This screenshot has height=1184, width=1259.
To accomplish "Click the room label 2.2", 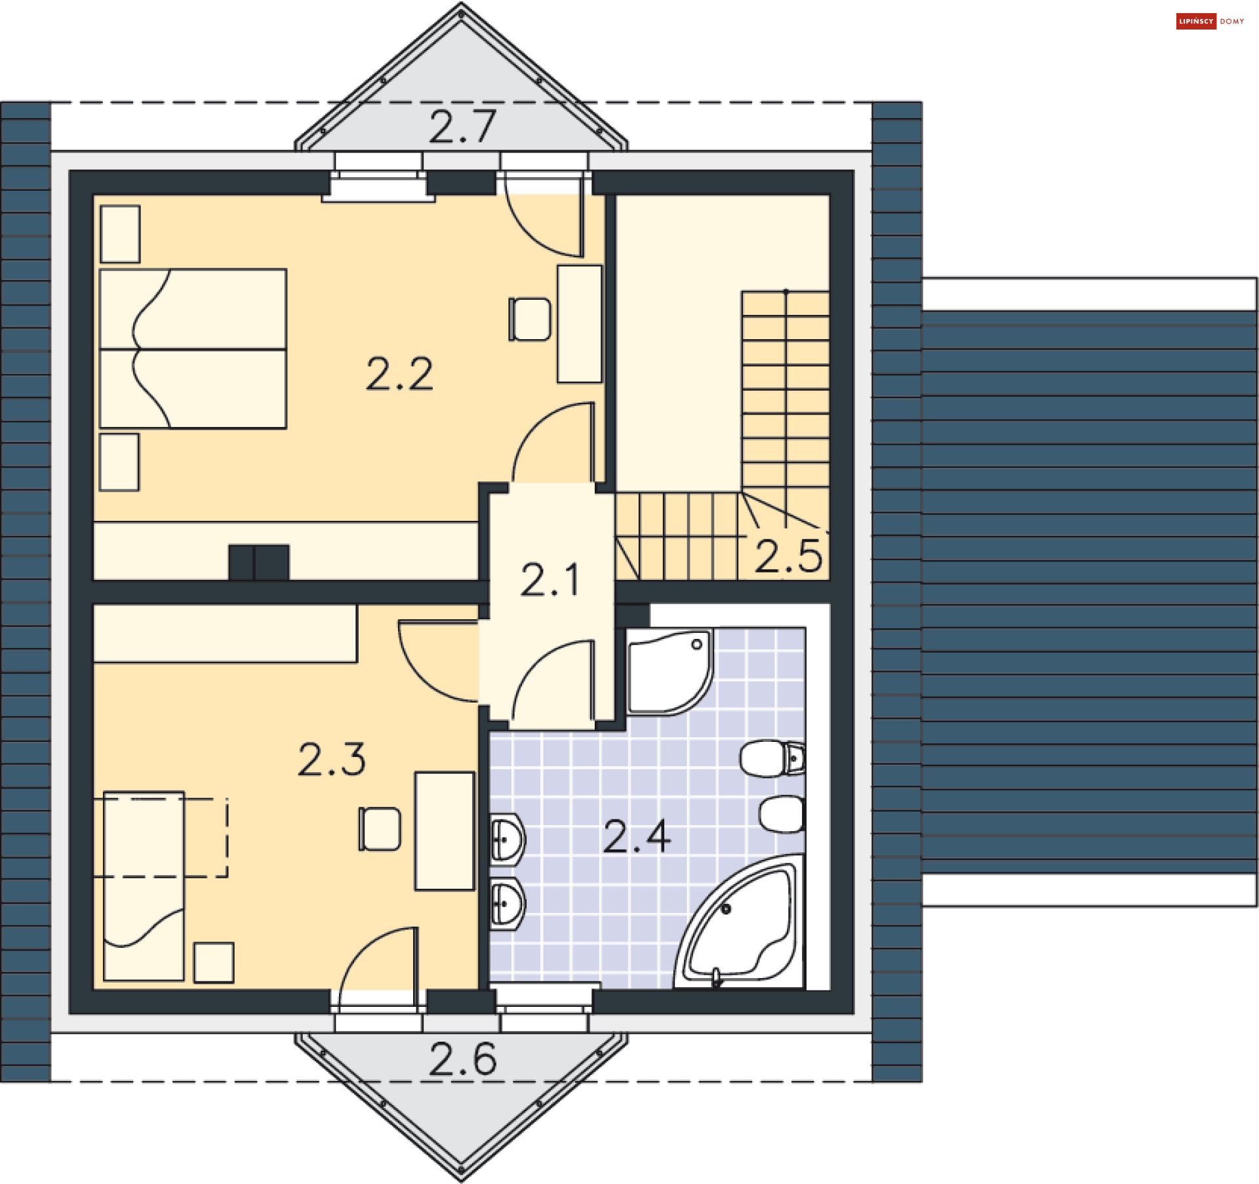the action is (x=399, y=375).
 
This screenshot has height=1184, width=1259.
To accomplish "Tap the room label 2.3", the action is (x=332, y=759).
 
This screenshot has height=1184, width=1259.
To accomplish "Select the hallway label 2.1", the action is (x=550, y=580).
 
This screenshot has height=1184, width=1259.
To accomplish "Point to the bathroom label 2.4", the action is (x=637, y=836).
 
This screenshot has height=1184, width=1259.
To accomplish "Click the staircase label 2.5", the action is (x=788, y=556).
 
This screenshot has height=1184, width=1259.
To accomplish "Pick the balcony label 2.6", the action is (x=463, y=1059).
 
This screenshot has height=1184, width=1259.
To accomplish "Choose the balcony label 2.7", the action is (x=463, y=126).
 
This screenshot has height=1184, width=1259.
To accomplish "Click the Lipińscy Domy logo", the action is (x=1210, y=22).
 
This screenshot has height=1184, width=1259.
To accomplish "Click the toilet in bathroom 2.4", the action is (x=772, y=758).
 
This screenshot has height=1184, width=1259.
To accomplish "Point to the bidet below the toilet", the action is (x=782, y=814).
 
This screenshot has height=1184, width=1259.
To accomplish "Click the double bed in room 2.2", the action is (x=193, y=348).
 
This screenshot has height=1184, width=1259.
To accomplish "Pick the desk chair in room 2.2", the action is (x=530, y=319).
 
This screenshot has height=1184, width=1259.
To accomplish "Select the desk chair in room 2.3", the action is (x=380, y=829).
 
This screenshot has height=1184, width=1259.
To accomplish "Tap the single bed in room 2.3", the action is (x=144, y=886).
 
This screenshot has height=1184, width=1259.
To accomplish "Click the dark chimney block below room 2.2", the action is (x=259, y=562).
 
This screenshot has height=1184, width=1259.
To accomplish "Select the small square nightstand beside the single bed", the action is (x=214, y=962).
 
